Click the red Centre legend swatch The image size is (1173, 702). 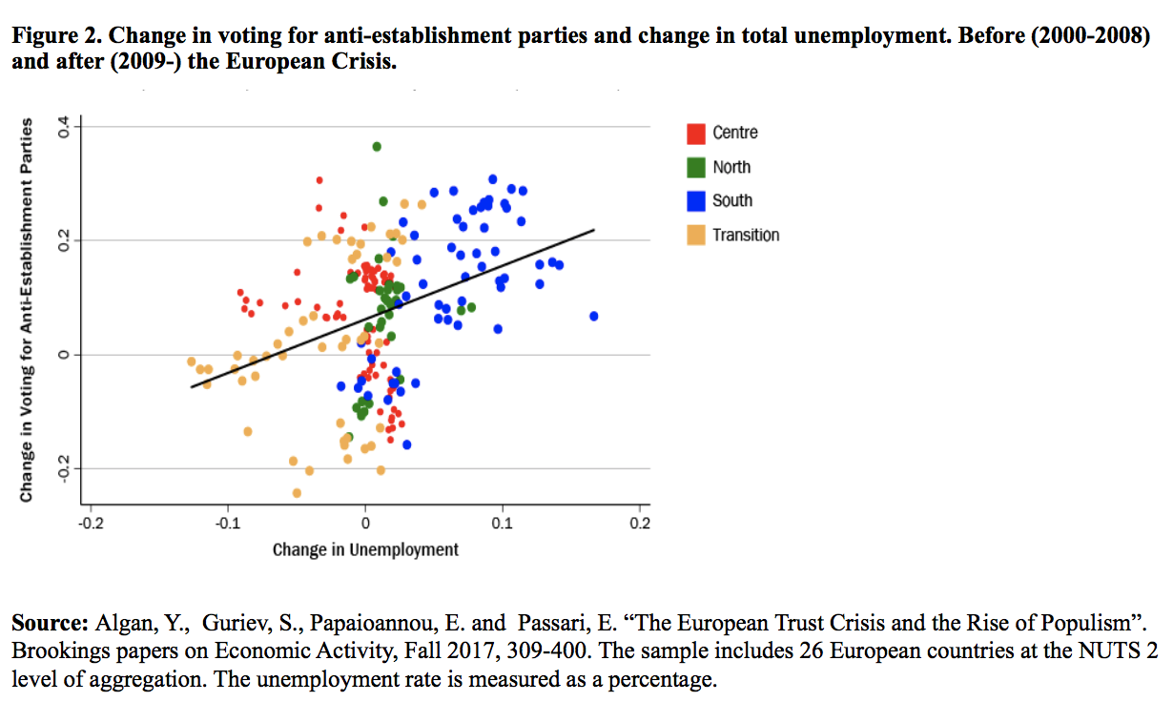696,133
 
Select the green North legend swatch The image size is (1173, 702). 696,167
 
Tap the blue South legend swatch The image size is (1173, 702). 696,200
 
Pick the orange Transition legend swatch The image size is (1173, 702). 696,235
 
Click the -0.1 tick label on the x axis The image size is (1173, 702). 227,523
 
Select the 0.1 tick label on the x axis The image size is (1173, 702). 503,523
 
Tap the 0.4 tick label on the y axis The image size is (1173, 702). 64,127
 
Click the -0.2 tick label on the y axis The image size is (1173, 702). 64,468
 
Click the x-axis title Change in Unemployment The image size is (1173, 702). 365,549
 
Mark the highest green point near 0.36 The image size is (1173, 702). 377,146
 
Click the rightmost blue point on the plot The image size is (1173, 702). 594,316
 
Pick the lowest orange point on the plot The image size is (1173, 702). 297,493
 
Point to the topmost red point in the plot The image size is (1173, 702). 319,179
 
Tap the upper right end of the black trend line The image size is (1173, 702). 594,230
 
